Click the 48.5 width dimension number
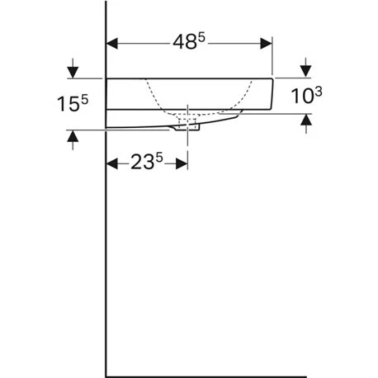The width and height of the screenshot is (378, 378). point(189,42)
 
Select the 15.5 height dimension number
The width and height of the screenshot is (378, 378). point(73,103)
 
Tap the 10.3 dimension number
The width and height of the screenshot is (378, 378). point(306,95)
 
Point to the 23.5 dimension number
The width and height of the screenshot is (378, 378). point(147,162)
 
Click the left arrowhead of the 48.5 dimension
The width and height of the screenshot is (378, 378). point(112,44)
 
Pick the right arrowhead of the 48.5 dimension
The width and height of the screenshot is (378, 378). point(266,44)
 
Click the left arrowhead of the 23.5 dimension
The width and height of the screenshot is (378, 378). point(112,163)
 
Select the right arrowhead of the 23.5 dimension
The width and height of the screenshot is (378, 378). point(182,163)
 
